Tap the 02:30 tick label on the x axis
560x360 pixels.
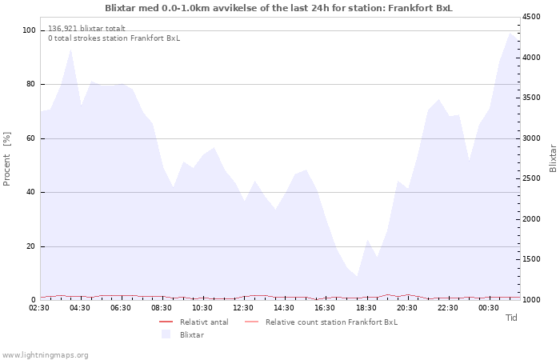click(39, 308)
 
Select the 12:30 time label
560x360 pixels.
click(243, 308)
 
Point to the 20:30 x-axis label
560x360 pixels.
click(406, 308)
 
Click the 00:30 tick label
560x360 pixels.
click(488, 308)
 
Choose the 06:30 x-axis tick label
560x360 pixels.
click(121, 308)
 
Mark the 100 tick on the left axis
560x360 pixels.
click(30, 30)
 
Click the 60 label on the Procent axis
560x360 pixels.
click(32, 138)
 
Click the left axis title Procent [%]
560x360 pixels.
click(7, 158)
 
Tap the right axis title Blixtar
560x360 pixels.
click(553, 158)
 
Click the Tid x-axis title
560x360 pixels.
click(512, 318)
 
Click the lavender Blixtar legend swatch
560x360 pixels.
click(166, 334)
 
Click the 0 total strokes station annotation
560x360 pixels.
click(114, 38)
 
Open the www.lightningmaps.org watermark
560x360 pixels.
click(45, 354)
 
